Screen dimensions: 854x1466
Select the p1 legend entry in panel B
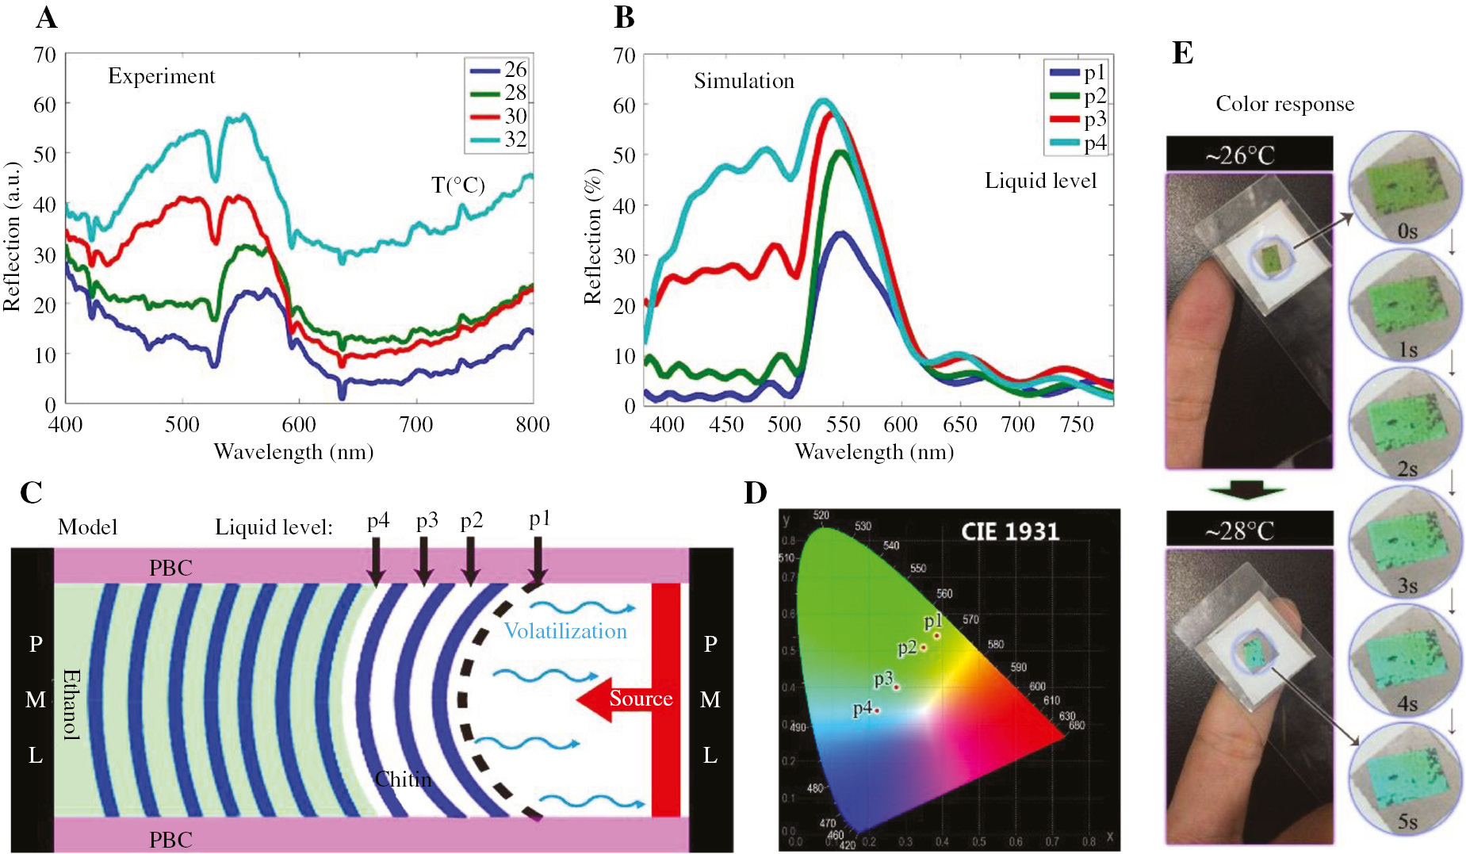[1077, 73]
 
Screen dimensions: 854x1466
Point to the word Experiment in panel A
[161, 76]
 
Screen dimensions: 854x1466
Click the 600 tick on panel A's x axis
[299, 424]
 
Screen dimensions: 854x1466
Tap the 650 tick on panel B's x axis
[959, 425]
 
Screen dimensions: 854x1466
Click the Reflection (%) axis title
[592, 236]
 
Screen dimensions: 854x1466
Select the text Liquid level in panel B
[1040, 181]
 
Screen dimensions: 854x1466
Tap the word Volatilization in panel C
[565, 631]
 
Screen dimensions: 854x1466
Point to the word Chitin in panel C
[403, 779]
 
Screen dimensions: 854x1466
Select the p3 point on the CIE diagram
[897, 687]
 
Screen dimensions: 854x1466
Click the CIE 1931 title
[1009, 531]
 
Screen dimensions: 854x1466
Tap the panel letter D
[755, 493]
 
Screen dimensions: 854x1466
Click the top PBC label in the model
[170, 568]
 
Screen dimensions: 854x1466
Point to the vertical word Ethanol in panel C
[71, 704]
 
